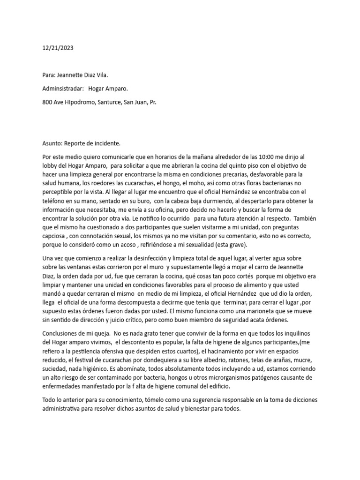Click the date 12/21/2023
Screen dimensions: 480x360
pos(58,48)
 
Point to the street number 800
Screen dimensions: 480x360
pos(48,102)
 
